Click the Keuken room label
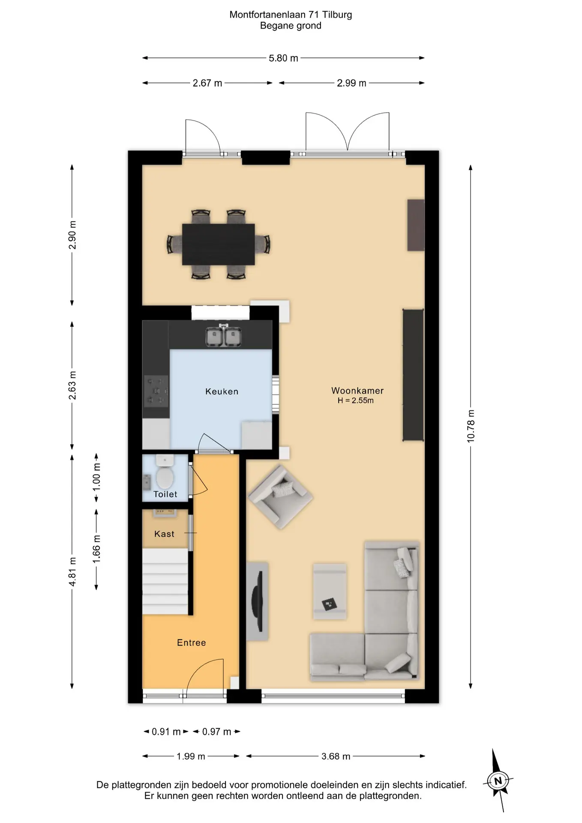pos(222,391)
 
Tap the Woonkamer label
pos(357,390)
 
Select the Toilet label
pos(165,494)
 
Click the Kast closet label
pos(165,534)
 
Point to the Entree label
pos(192,643)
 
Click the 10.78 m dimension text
pos(471,426)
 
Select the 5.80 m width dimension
pos(283,58)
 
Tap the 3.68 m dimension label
pos(336,757)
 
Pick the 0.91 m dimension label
pos(166,732)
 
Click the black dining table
pos(219,244)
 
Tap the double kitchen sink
pos(223,336)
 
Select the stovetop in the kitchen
pos(156,391)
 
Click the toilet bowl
pos(165,473)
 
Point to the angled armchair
pos(280,497)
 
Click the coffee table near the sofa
pos(330,592)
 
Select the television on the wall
pos(257,601)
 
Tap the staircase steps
pos(165,582)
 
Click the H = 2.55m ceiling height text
pos(356,401)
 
